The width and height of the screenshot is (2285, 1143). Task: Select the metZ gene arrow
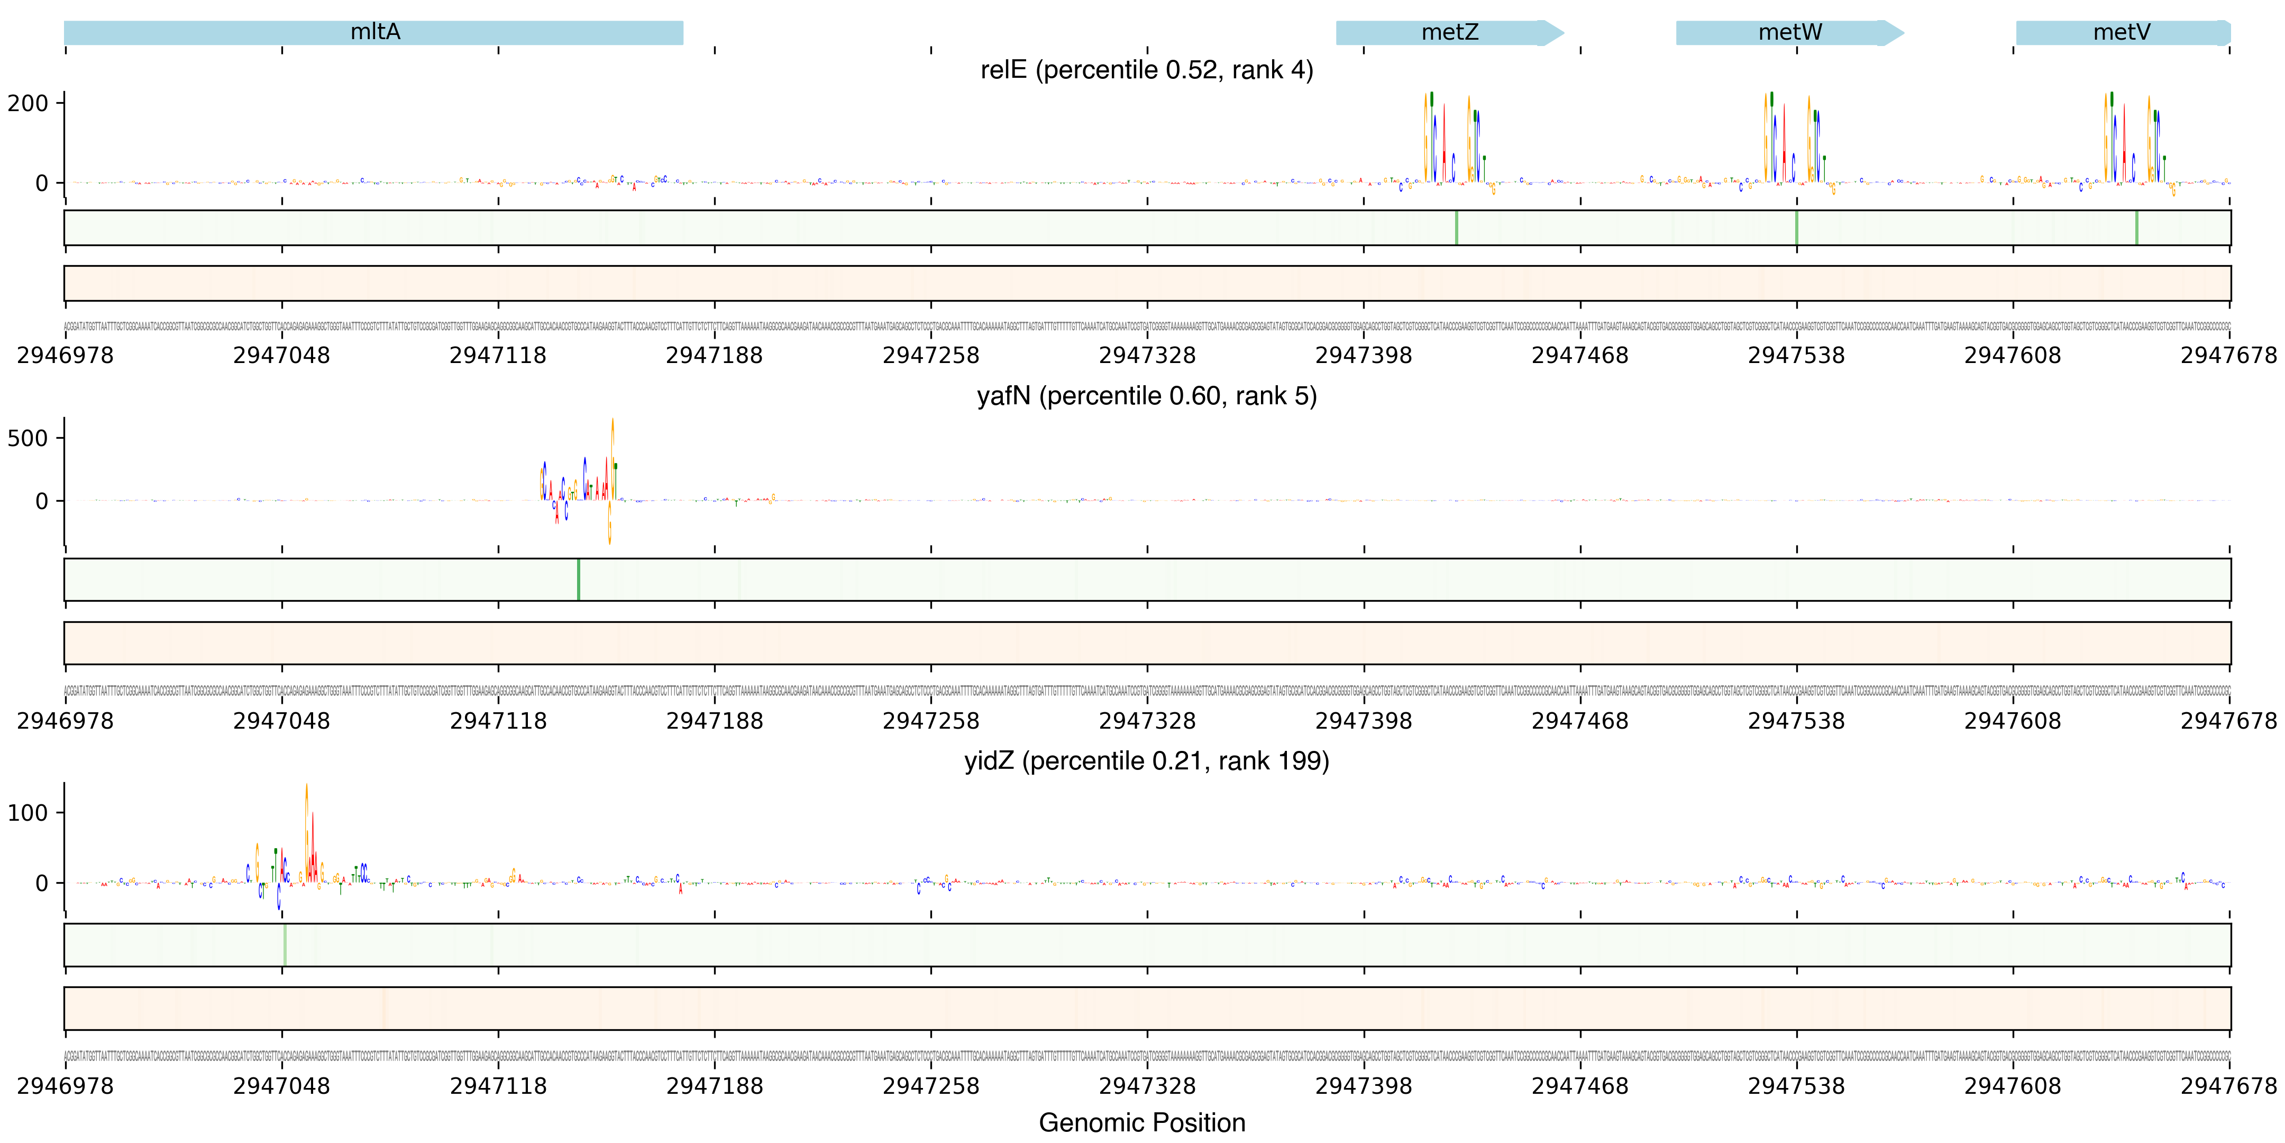point(1449,33)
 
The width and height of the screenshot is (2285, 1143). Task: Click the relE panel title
point(1146,70)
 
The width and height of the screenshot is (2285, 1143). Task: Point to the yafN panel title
point(1146,396)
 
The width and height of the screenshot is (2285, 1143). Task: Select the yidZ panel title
point(1146,761)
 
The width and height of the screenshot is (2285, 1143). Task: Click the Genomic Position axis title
point(1141,1122)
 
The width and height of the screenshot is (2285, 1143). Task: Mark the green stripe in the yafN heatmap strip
point(578,579)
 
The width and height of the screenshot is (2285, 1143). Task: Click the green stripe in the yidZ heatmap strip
point(285,945)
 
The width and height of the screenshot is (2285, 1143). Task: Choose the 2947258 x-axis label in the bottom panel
point(930,1086)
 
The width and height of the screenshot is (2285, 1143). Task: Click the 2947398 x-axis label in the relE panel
point(1364,356)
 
